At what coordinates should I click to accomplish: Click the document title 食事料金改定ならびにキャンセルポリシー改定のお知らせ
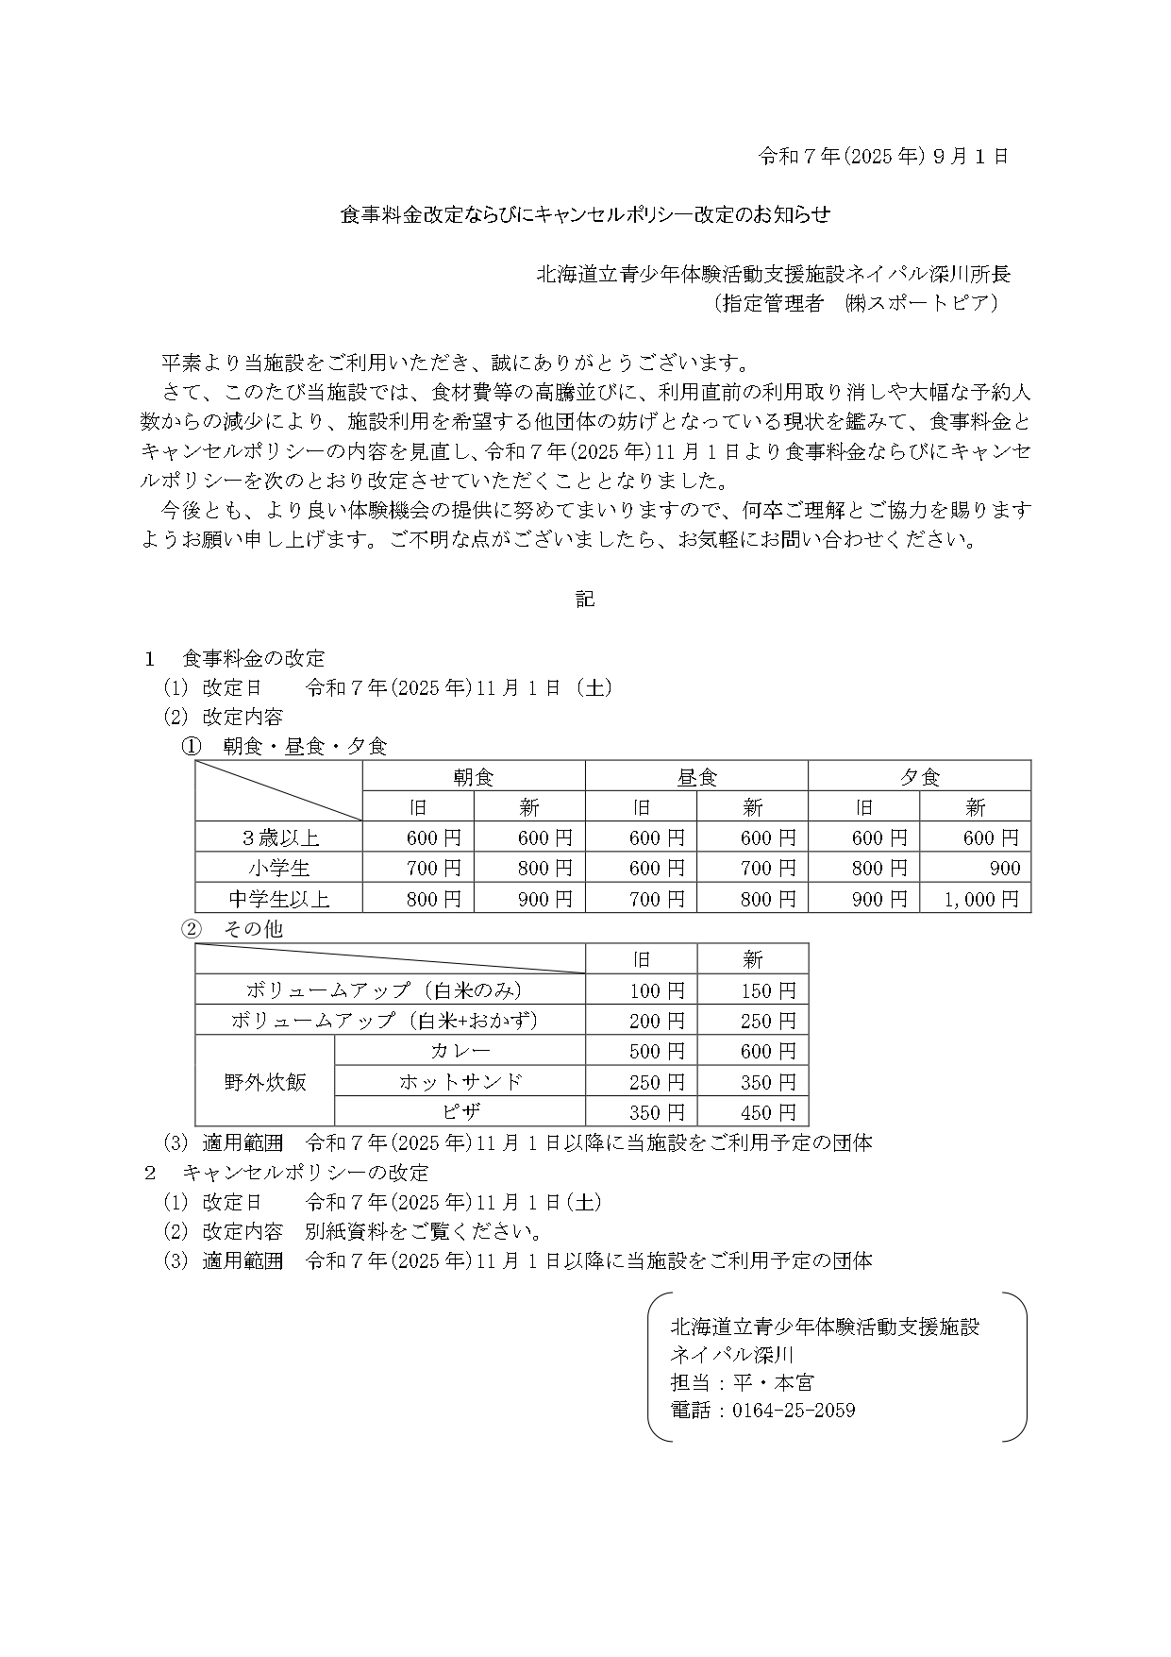pos(585,215)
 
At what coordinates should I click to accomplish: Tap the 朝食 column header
pos(474,777)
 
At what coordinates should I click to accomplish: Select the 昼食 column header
pos(696,777)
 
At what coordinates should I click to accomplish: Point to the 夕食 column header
pos(919,777)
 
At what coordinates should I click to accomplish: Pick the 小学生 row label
pos(279,868)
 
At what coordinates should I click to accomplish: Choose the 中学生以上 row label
pos(279,899)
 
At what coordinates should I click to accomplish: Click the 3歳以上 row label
pos(279,837)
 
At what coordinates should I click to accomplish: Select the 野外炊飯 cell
pos(265,1082)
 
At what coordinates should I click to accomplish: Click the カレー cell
pos(460,1051)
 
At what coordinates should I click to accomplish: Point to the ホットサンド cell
pos(460,1082)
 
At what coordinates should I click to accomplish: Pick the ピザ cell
pos(460,1112)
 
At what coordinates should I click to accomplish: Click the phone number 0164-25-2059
pos(794,1411)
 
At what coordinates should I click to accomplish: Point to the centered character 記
pos(585,600)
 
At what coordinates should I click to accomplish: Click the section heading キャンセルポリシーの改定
pos(306,1173)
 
